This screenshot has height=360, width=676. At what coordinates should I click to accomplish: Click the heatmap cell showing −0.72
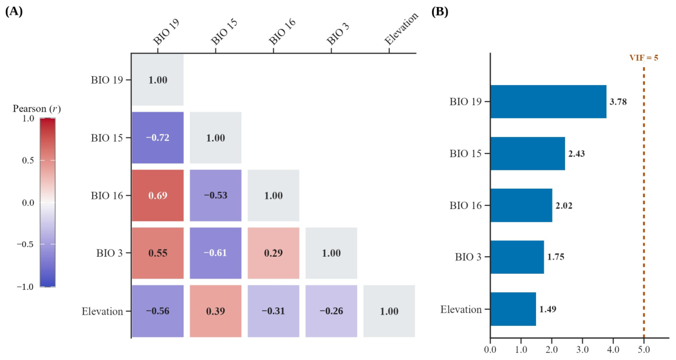coord(158,138)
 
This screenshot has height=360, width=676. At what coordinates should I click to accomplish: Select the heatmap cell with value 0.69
coord(158,195)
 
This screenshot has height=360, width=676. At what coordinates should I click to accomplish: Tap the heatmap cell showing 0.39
coord(215,311)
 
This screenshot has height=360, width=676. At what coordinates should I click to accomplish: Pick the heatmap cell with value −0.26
coord(331,311)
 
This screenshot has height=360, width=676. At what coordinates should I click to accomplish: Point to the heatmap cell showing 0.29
coord(273,253)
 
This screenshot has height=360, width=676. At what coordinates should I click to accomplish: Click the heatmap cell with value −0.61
coord(215,253)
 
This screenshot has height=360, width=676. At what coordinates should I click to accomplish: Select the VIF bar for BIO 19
coord(548,102)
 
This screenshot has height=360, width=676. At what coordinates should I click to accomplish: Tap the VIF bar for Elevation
coord(514,309)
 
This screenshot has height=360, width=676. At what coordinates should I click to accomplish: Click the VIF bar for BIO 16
coord(522,205)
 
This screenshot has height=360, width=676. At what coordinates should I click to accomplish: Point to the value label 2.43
coord(576,154)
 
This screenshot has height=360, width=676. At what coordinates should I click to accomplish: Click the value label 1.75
coord(556,257)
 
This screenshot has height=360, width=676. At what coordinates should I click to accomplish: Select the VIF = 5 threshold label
coord(644,58)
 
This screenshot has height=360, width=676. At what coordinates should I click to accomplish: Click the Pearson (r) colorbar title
coord(37,109)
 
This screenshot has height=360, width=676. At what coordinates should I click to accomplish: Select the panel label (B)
coord(440,12)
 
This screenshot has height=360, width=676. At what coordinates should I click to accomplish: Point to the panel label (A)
coord(14,12)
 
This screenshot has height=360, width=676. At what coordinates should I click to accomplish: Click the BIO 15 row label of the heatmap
coord(107,138)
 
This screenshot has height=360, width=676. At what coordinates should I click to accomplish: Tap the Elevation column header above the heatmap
coord(401,30)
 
